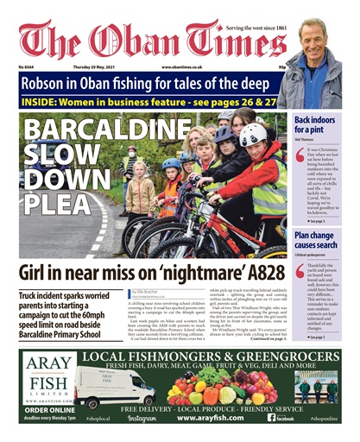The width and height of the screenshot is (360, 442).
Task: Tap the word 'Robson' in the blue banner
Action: point(57,84)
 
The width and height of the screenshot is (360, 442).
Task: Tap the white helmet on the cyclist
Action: point(256,135)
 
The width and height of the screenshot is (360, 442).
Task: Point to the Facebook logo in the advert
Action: point(281,418)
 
